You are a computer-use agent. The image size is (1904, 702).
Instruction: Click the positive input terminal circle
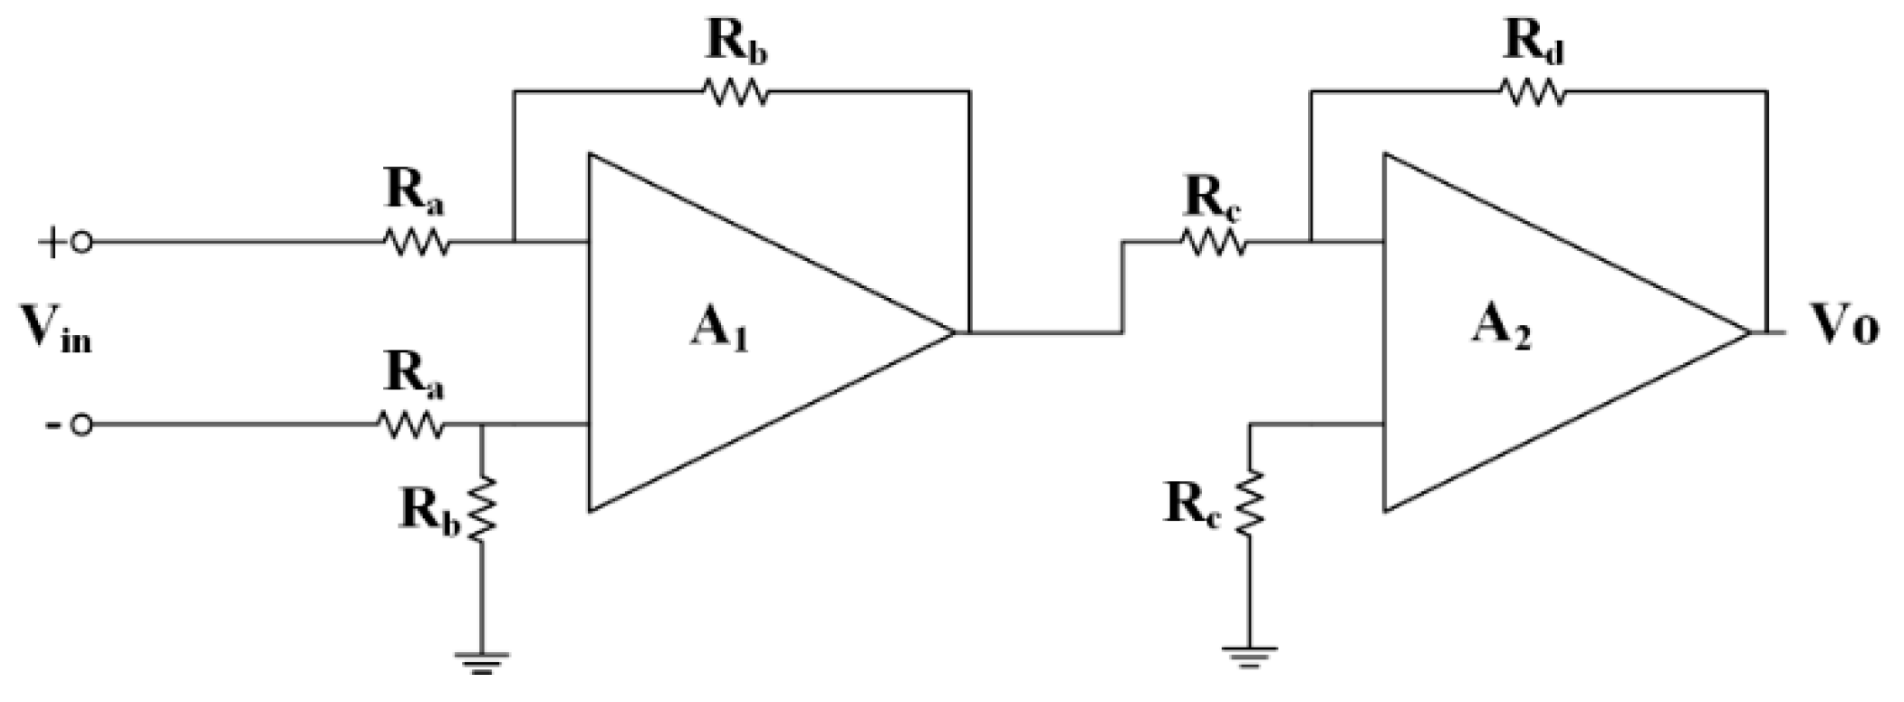(81, 243)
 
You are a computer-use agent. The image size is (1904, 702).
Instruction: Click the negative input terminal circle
(81, 425)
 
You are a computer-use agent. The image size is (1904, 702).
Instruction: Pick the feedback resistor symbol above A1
(736, 91)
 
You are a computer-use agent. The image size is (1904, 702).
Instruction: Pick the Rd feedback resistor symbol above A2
(1532, 91)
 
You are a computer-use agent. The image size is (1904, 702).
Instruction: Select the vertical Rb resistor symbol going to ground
(481, 509)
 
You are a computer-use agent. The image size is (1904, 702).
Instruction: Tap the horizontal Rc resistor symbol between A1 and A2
(1213, 243)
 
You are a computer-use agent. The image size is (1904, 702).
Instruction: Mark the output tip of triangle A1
(953, 332)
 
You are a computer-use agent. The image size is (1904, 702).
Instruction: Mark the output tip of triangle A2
(1748, 332)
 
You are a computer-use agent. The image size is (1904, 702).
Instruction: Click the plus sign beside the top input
(50, 243)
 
